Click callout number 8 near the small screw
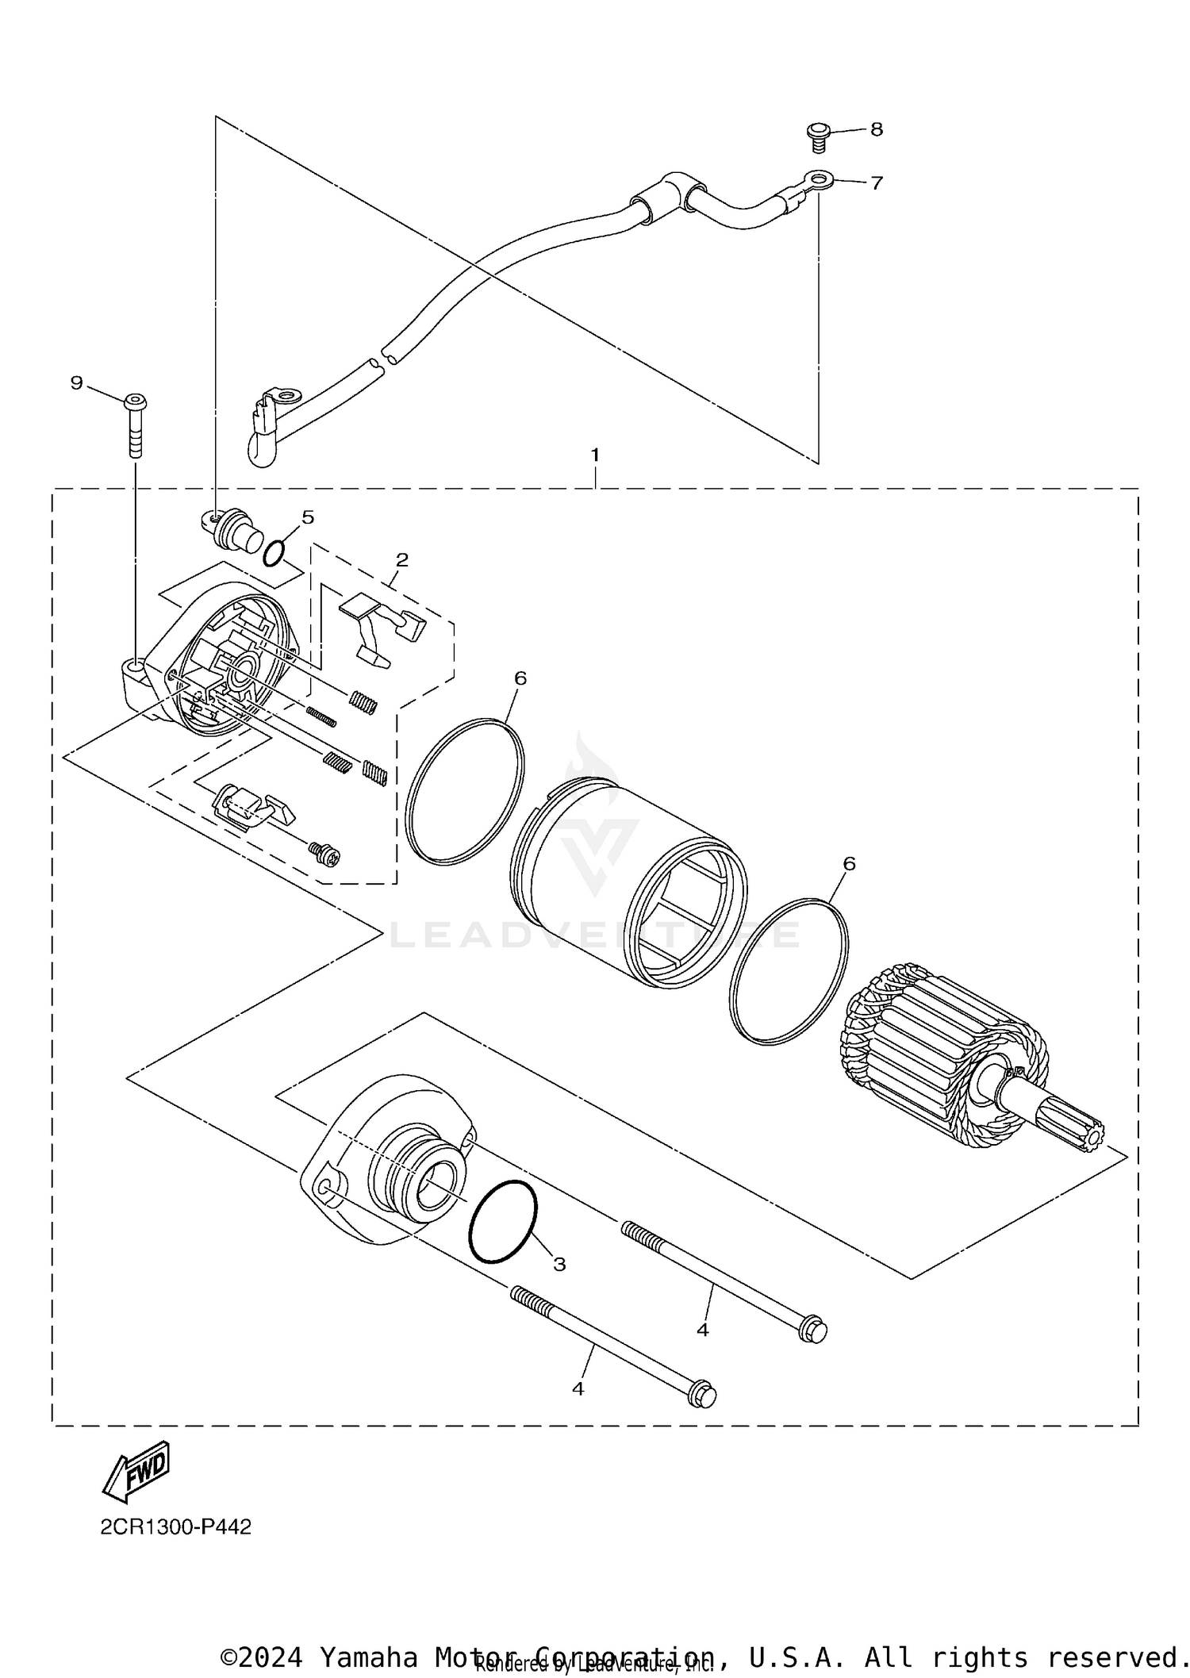[876, 129]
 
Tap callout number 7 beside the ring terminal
[876, 183]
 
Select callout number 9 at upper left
[76, 383]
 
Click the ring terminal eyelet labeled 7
[817, 179]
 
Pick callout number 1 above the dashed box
[594, 455]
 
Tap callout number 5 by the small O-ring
[308, 517]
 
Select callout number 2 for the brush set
[401, 560]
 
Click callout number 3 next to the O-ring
[559, 1265]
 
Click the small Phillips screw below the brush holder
[325, 854]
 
